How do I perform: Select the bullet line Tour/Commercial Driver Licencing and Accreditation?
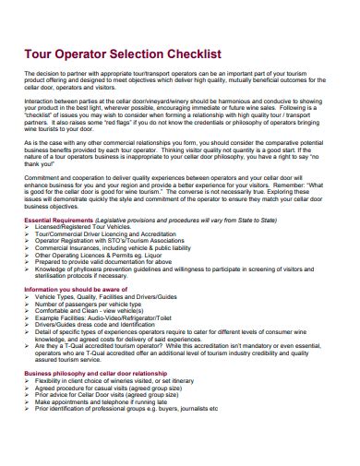click(x=111, y=236)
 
